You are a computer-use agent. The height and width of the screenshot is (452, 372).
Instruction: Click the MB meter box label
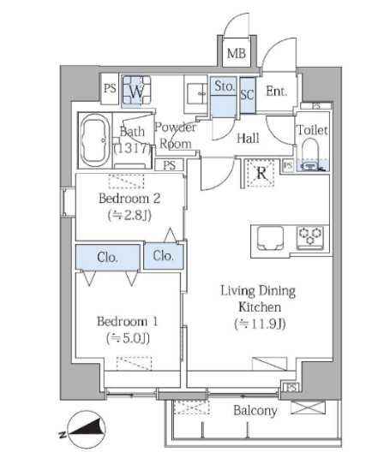(x=237, y=53)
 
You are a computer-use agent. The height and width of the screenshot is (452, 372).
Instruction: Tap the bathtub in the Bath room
(x=94, y=140)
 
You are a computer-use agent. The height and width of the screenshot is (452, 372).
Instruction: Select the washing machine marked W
(x=136, y=90)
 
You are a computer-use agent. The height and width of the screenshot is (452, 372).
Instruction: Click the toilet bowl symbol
(x=310, y=152)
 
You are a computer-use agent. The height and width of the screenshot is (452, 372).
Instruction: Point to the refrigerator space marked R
(x=261, y=174)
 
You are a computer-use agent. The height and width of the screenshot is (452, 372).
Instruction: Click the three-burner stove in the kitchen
(x=310, y=237)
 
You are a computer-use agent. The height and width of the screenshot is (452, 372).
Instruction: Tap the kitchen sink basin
(x=270, y=238)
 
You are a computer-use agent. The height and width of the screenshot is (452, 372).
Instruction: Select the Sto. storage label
(x=224, y=86)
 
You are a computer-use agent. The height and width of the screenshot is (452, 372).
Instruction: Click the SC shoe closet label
(x=248, y=94)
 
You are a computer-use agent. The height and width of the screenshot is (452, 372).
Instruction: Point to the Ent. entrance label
(x=277, y=91)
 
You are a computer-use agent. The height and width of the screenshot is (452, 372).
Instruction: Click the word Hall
(x=248, y=139)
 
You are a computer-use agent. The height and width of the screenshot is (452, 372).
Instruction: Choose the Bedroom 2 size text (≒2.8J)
(x=129, y=215)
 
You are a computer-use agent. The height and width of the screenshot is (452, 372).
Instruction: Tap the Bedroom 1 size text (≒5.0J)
(x=128, y=338)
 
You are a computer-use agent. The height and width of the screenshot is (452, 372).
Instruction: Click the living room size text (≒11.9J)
(x=260, y=324)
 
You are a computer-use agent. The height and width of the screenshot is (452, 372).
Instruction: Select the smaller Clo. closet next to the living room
(x=164, y=256)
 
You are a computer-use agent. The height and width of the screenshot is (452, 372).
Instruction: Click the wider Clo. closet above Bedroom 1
(x=108, y=257)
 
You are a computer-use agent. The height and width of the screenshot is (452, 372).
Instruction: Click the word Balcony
(x=255, y=411)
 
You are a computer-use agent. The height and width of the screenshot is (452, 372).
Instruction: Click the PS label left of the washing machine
(x=110, y=88)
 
